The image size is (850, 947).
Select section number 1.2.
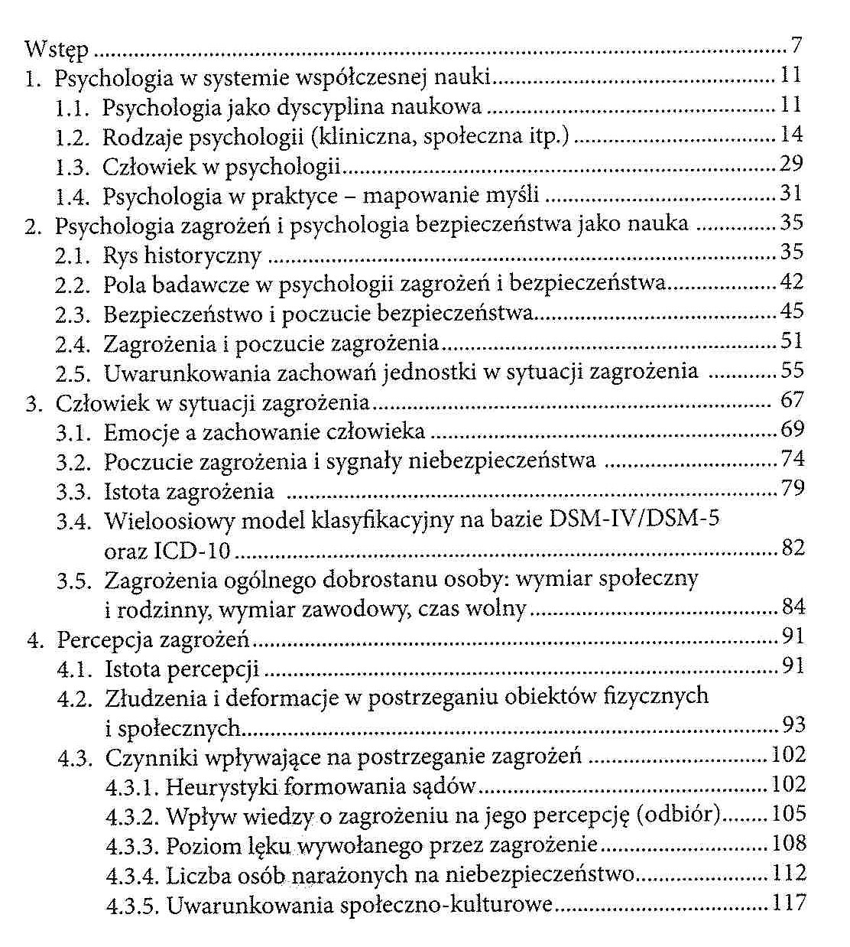tap(75, 137)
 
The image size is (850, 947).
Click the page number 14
tap(792, 135)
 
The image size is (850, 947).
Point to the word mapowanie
tap(420, 196)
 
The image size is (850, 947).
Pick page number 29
tap(792, 164)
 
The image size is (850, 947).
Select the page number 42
tap(792, 282)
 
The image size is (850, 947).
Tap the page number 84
tap(793, 607)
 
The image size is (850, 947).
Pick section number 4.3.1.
tap(132, 786)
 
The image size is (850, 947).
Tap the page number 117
tap(789, 903)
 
